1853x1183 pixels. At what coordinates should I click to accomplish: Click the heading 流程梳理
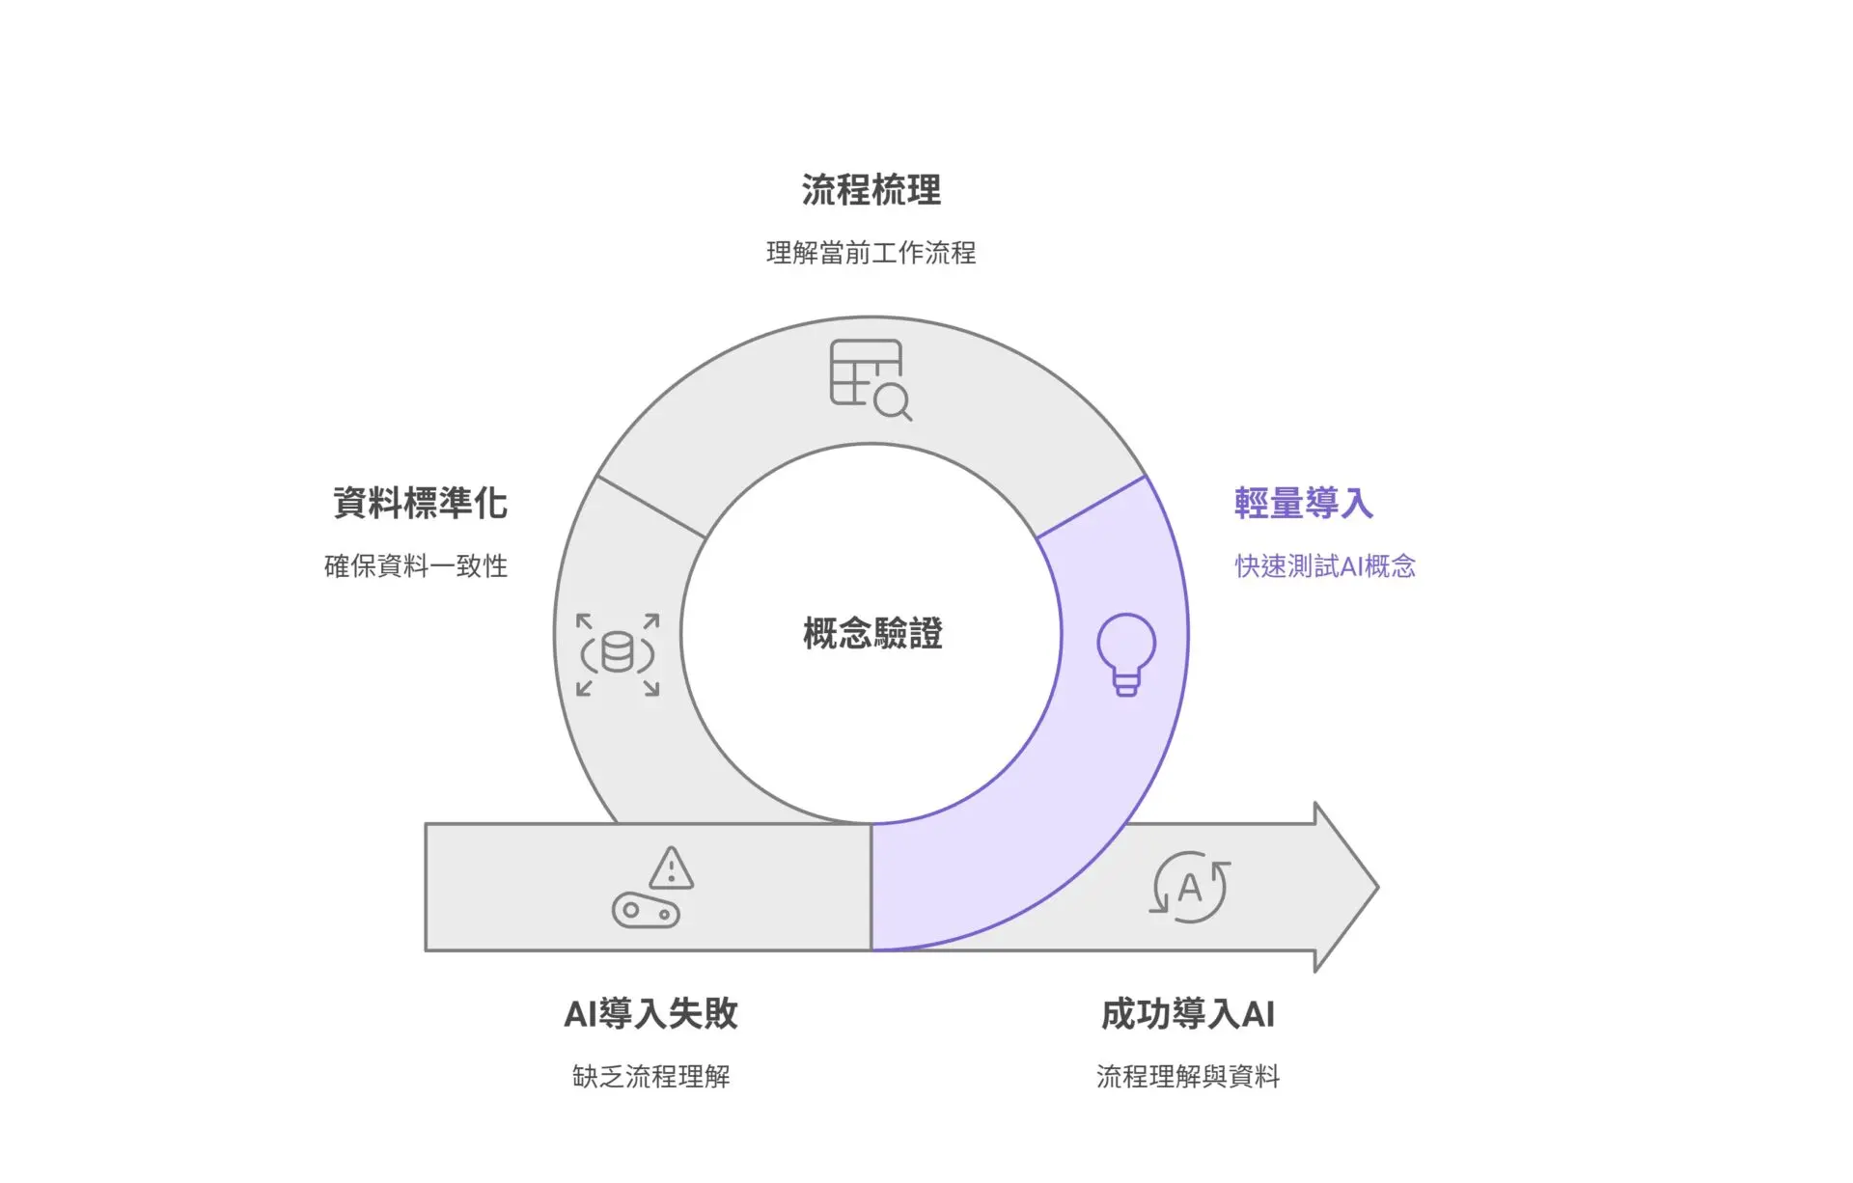pos(871,190)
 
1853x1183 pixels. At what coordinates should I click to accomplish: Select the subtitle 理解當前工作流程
pos(871,253)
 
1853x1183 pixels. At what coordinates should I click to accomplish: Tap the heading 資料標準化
pos(420,503)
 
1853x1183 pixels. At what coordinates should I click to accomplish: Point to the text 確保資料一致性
pos(416,565)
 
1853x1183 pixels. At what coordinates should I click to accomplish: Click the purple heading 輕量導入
pos(1303,503)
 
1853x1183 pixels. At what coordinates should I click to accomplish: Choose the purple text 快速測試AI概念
pos(1325,565)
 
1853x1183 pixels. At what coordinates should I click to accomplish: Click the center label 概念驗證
pos(872,633)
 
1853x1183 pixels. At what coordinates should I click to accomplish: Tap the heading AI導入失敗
pos(650,1013)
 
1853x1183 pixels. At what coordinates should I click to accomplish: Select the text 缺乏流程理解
pos(650,1076)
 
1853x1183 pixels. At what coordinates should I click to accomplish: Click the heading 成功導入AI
pos(1188,1013)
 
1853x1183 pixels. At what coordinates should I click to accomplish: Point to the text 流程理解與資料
pos(1188,1076)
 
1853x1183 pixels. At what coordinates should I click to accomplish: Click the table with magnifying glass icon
pos(870,379)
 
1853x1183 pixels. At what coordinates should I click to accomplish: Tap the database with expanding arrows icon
pos(618,654)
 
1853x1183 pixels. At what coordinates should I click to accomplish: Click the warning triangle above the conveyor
pos(671,868)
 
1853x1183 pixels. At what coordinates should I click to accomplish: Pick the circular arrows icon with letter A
pos(1190,887)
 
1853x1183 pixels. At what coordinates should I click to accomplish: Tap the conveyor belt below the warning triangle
pos(646,911)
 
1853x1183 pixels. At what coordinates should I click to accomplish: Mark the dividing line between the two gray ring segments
pos(652,507)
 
